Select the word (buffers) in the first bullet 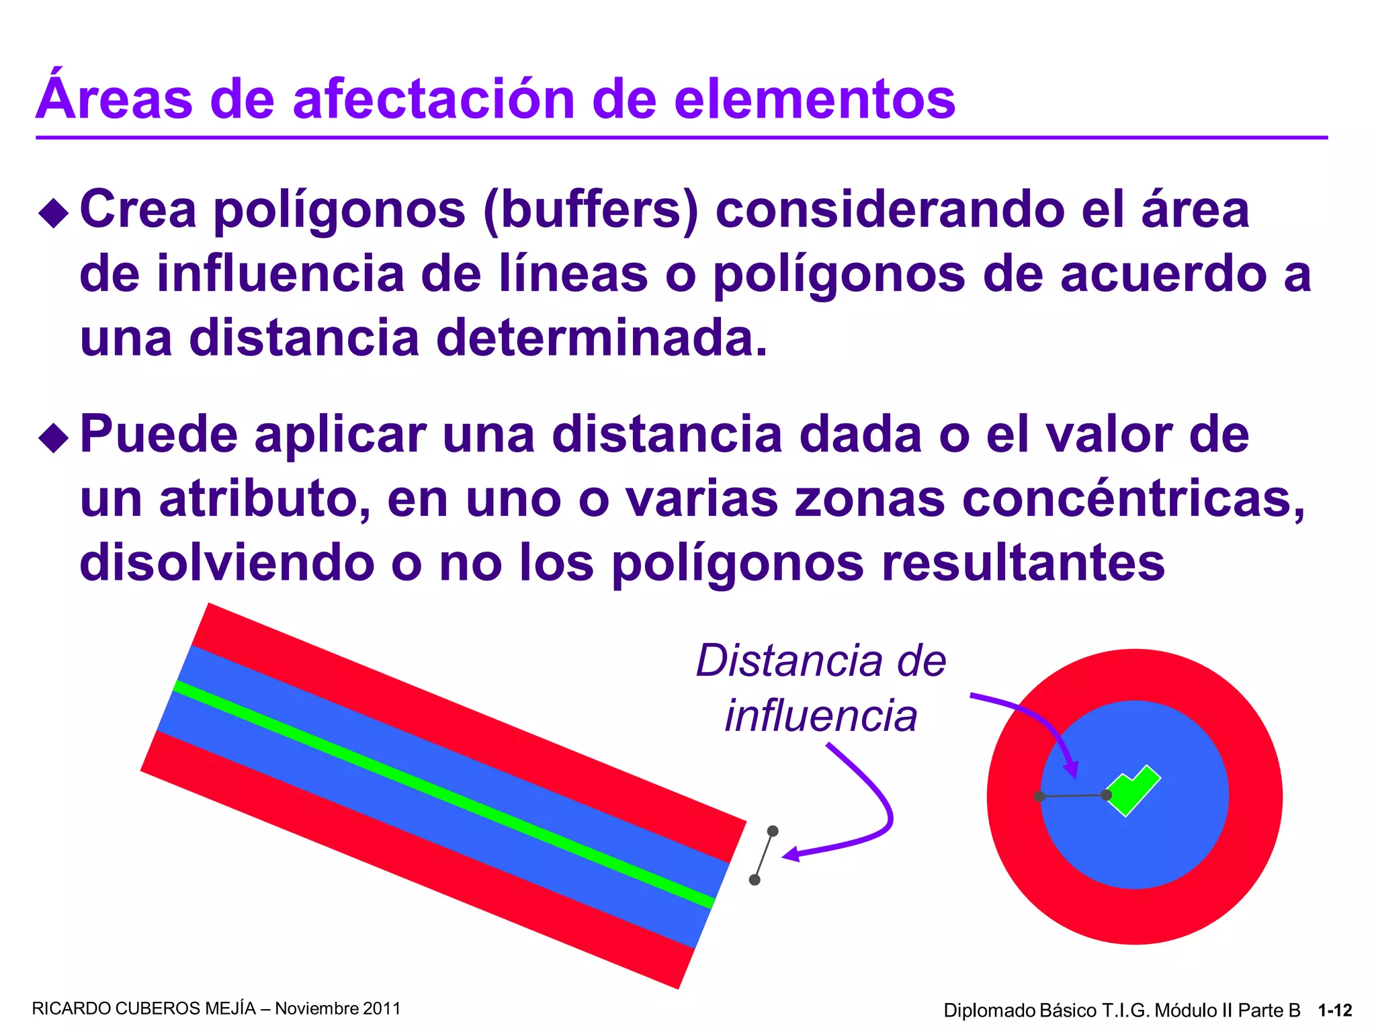(x=591, y=210)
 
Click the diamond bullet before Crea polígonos (x=54, y=214)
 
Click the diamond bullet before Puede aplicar (x=54, y=438)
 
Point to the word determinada (x=601, y=337)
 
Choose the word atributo (x=264, y=500)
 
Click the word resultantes (x=1023, y=563)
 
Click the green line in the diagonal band (x=443, y=795)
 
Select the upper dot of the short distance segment (x=773, y=831)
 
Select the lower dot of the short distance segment (x=755, y=879)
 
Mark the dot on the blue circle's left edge (x=1040, y=797)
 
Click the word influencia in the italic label (x=821, y=716)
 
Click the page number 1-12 (x=1335, y=1010)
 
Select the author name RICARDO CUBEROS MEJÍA (x=144, y=1009)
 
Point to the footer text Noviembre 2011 (x=338, y=1009)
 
